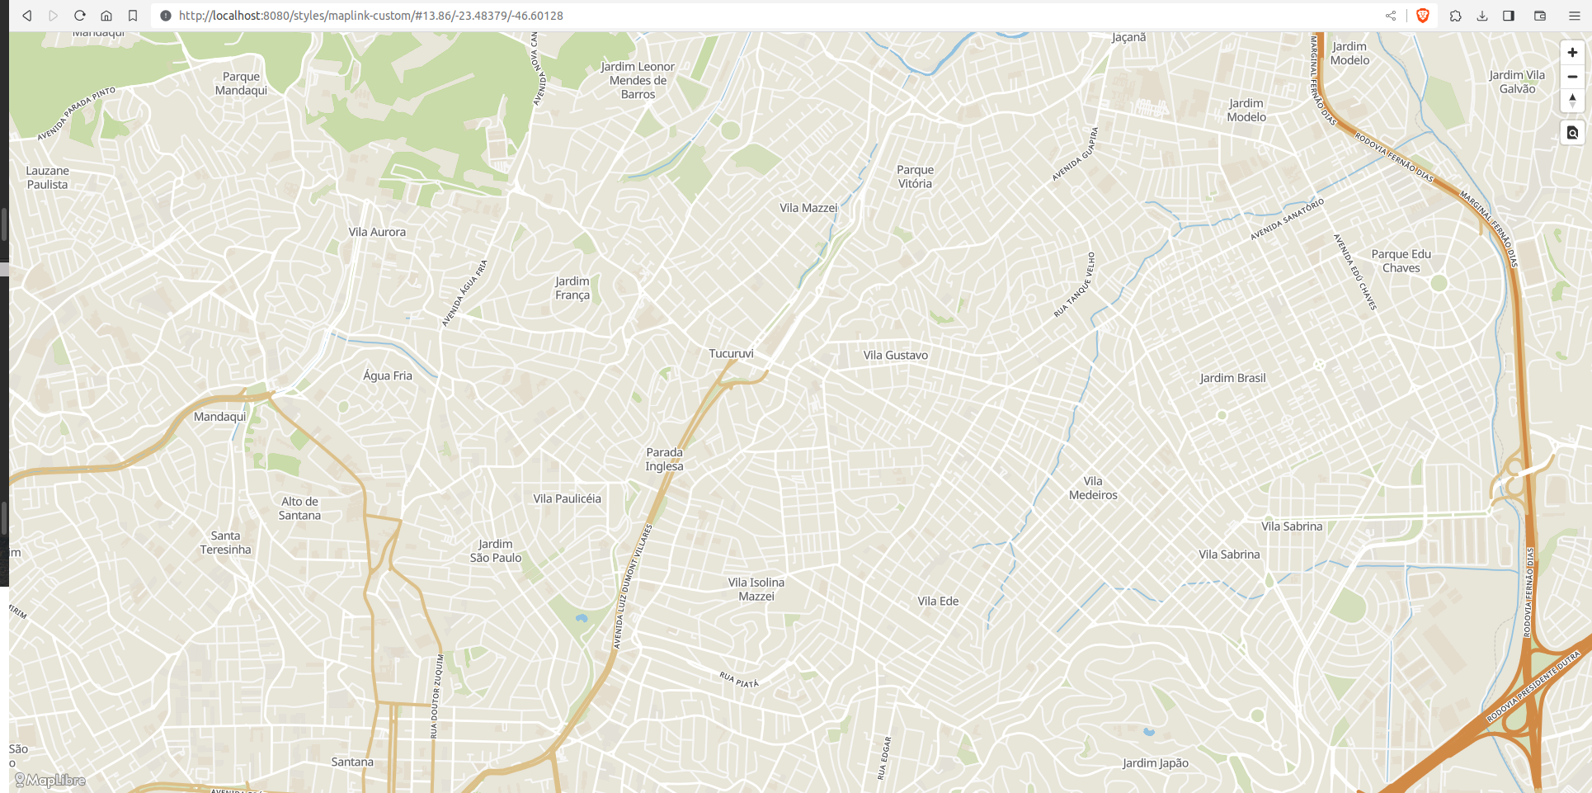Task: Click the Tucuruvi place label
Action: coord(731,354)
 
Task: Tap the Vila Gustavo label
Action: coord(895,356)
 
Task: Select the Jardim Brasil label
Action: coord(1232,378)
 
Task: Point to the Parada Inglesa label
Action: coord(664,460)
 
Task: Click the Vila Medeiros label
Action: coord(1093,489)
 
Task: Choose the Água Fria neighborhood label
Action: coord(387,375)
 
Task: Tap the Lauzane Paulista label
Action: coord(47,177)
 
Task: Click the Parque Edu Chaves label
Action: coord(1401,261)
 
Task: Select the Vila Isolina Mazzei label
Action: coord(756,589)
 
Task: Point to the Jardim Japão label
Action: coord(1155,763)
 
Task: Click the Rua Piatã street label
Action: coord(738,680)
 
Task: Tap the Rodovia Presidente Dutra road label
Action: coord(1532,687)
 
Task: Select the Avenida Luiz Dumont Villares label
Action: coord(632,587)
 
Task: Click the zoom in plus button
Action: coord(1572,53)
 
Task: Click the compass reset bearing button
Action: coord(1572,101)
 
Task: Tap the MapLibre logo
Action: coord(50,780)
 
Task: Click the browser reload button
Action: coord(80,16)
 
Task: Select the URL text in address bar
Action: coord(370,16)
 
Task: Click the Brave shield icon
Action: coord(1422,16)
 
